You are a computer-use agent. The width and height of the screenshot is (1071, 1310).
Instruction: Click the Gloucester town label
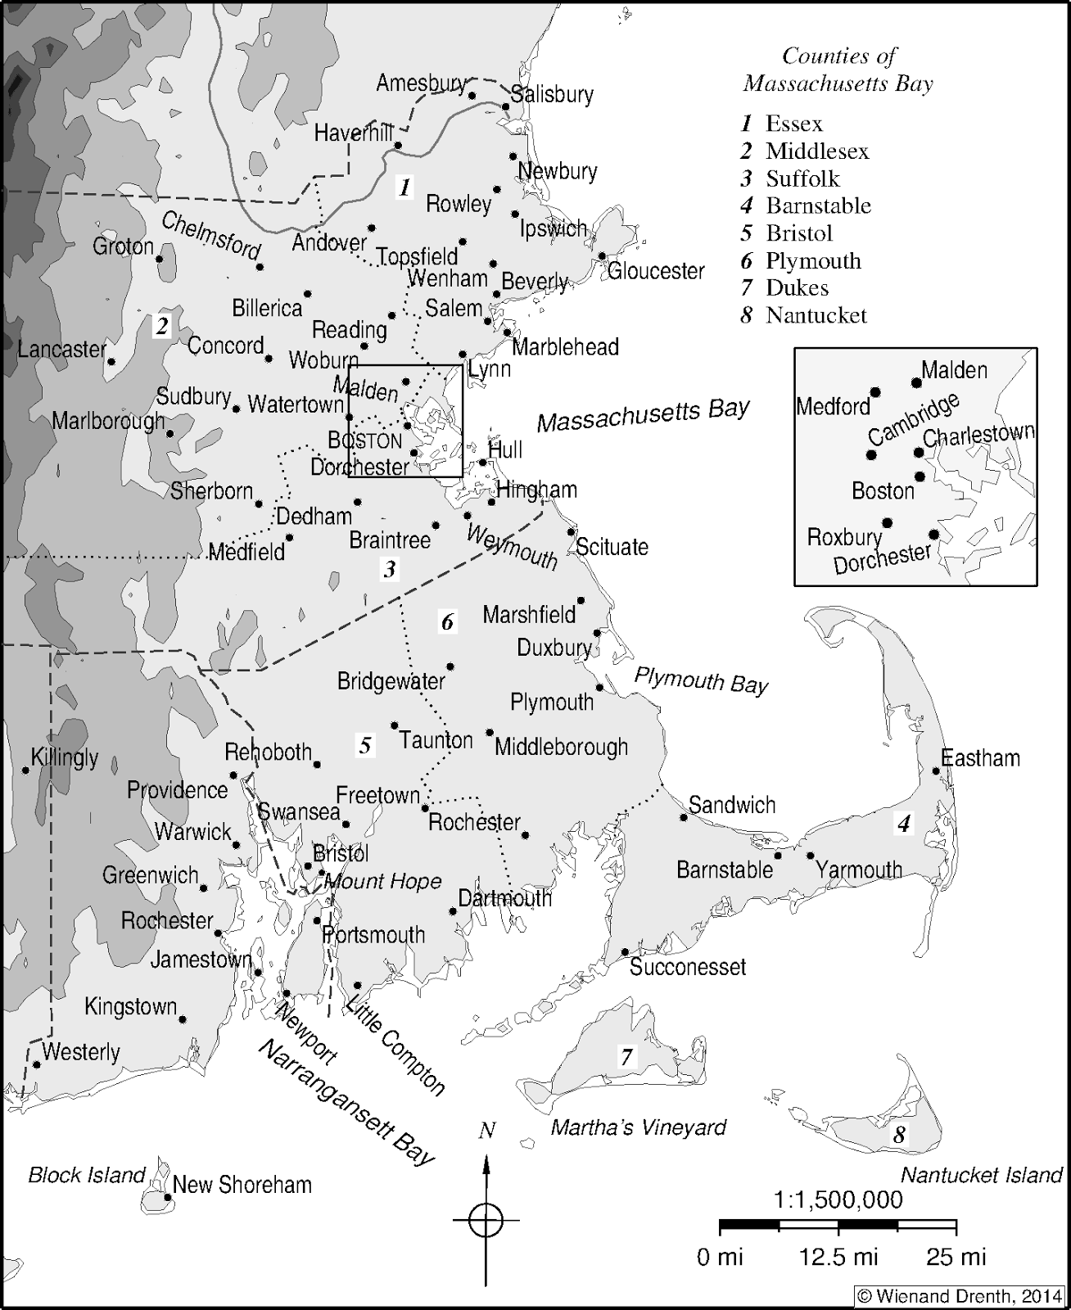(656, 271)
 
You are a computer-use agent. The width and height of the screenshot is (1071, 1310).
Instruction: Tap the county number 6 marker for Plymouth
(447, 622)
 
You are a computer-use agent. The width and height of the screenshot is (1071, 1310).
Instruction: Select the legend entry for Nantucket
(804, 315)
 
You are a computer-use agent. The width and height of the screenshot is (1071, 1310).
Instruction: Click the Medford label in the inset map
(833, 406)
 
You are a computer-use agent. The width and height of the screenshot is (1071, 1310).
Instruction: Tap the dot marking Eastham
(936, 770)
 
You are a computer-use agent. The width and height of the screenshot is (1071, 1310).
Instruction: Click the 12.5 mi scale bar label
(838, 1257)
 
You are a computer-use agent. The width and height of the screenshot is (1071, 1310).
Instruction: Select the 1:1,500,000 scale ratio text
(838, 1200)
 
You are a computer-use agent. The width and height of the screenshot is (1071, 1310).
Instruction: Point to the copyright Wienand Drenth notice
(959, 1296)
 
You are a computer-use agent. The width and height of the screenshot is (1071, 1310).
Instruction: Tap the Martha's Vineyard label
(638, 1127)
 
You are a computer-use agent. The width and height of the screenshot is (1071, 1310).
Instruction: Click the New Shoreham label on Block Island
(242, 1185)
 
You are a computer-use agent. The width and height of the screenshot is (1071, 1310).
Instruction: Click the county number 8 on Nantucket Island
(900, 1135)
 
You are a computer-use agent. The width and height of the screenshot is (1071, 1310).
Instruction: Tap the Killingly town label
(65, 757)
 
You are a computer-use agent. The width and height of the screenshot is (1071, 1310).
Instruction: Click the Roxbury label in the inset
(843, 537)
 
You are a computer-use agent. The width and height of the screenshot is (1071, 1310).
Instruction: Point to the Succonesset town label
(688, 967)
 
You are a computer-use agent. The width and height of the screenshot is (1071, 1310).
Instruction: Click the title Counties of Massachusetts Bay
(838, 70)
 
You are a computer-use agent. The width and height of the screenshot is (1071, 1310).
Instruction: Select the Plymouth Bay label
(701, 680)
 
